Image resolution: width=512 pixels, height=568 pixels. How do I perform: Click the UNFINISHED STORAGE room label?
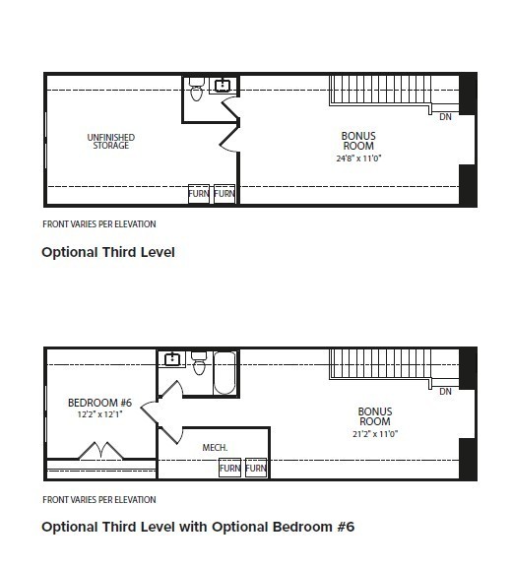coord(111,142)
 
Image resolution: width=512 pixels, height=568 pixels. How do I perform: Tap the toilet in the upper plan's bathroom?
coord(196,89)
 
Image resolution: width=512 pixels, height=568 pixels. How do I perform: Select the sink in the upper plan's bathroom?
coord(223,86)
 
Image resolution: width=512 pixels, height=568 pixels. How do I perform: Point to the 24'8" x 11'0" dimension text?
coord(358,158)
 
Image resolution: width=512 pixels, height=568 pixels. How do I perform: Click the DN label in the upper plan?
coord(445,117)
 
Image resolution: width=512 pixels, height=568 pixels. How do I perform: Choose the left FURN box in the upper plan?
coord(199,194)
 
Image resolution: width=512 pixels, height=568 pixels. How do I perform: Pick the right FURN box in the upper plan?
coord(224,194)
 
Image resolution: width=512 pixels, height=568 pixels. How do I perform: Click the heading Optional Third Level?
coord(108,252)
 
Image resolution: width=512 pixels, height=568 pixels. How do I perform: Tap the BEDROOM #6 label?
coord(99,403)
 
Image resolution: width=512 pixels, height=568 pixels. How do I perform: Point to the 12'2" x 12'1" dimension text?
coord(99,414)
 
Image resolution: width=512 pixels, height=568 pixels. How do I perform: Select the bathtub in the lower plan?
coord(224,373)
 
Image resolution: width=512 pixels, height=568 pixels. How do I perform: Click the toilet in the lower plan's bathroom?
coord(199,363)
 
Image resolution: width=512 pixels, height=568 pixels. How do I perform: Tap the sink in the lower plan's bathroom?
coord(172,359)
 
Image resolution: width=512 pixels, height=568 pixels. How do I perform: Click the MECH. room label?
coord(215,448)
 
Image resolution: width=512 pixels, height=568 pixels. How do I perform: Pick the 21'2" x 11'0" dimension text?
coord(375,433)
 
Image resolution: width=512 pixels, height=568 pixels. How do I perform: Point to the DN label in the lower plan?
coord(445,392)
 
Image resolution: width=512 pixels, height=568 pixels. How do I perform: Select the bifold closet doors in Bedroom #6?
coord(100,451)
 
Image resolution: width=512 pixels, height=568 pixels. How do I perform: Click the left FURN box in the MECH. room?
coord(230,468)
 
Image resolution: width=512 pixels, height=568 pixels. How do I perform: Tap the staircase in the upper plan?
coord(380,91)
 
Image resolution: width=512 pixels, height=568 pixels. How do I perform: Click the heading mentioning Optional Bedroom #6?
coord(198,527)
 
